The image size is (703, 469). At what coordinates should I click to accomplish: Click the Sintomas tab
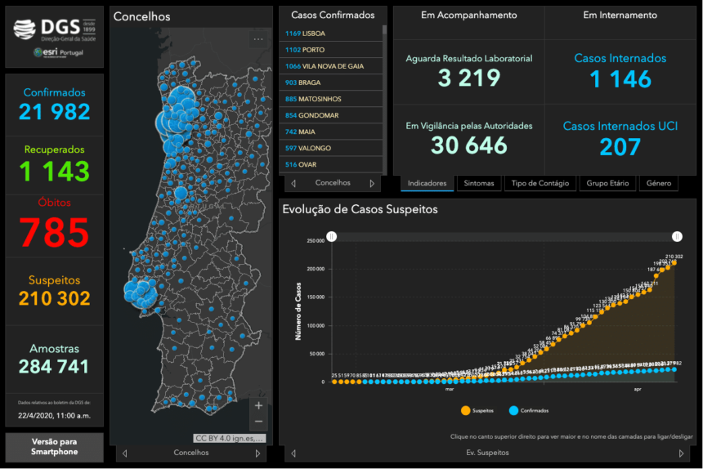click(x=479, y=183)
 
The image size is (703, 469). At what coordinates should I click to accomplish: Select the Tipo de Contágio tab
click(x=540, y=183)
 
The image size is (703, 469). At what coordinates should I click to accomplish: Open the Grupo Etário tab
click(x=607, y=183)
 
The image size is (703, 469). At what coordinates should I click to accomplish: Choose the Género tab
click(x=658, y=183)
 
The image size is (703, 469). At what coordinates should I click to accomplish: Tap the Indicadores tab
click(x=427, y=183)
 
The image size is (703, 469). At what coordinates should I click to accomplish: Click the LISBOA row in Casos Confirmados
click(x=332, y=33)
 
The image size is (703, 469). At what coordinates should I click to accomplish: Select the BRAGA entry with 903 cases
click(x=332, y=83)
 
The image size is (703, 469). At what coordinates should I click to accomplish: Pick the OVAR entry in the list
click(x=332, y=164)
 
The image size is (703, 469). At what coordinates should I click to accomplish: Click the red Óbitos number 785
click(x=55, y=233)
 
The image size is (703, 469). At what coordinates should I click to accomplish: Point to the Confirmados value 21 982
click(x=55, y=113)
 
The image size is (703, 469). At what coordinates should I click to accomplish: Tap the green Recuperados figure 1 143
click(x=55, y=172)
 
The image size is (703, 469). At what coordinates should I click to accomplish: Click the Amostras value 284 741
click(x=55, y=367)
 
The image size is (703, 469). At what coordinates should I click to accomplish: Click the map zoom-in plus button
click(x=259, y=405)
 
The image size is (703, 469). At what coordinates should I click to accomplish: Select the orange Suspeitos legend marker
click(x=466, y=410)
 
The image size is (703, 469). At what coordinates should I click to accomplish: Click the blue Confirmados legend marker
click(x=514, y=410)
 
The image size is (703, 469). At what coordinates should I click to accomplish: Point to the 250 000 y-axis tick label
click(x=314, y=240)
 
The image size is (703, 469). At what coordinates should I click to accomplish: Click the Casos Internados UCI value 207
click(x=620, y=146)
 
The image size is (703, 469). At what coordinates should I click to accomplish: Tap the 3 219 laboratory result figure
click(x=468, y=78)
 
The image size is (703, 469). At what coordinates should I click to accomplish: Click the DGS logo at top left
click(x=54, y=31)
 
